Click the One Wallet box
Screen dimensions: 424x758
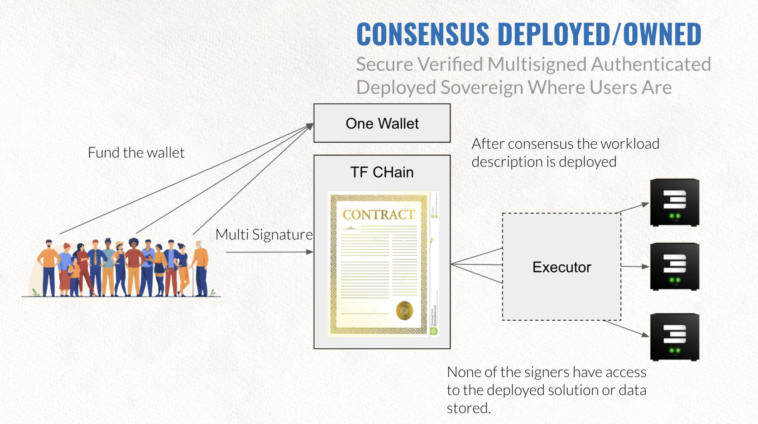pyautogui.click(x=382, y=123)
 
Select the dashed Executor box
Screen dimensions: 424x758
pyautogui.click(x=561, y=267)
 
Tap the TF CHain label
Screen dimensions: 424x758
pyautogui.click(x=382, y=172)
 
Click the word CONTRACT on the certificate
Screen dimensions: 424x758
pyautogui.click(x=379, y=214)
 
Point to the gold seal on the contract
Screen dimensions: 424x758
pyautogui.click(x=404, y=311)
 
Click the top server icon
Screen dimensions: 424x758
pyautogui.click(x=674, y=202)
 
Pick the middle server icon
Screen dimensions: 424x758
pyautogui.click(x=674, y=267)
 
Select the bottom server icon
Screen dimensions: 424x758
pyautogui.click(x=674, y=337)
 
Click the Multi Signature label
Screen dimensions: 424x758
pyautogui.click(x=264, y=234)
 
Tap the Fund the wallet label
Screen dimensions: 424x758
pyautogui.click(x=136, y=152)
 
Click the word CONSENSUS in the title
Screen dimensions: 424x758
pyautogui.click(x=423, y=34)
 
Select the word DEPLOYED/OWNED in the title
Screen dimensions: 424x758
pyautogui.click(x=600, y=34)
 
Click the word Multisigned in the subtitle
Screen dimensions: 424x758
pyautogui.click(x=536, y=64)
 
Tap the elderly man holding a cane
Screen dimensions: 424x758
pyautogui.click(x=200, y=268)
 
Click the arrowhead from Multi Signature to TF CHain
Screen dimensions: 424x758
pyautogui.click(x=310, y=252)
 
